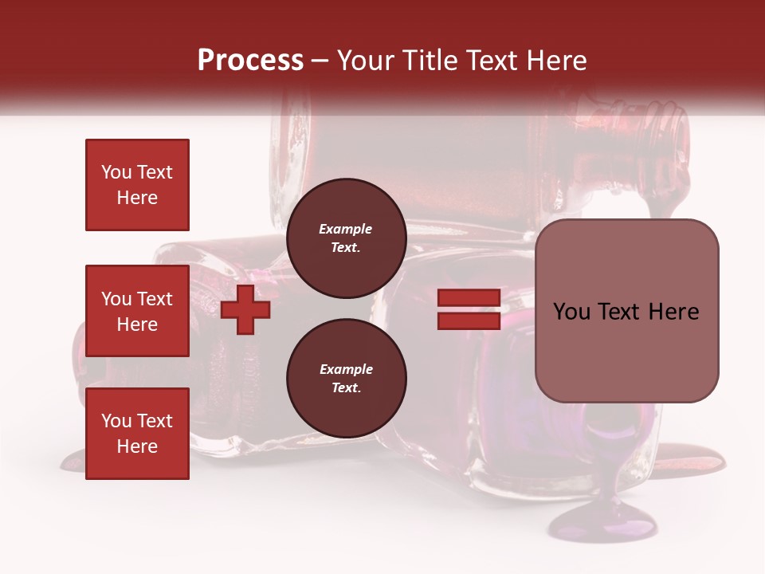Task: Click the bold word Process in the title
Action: (x=250, y=61)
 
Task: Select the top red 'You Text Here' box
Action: (x=137, y=185)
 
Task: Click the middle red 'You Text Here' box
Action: (x=137, y=311)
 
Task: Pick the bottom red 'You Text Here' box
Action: (x=137, y=434)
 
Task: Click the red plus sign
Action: (x=245, y=309)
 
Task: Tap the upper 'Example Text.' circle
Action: (x=346, y=238)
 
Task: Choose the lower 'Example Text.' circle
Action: (x=346, y=379)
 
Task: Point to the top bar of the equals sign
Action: (x=469, y=298)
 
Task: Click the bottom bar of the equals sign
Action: (x=469, y=320)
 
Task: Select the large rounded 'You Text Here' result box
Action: (x=626, y=311)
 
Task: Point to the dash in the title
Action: (x=320, y=61)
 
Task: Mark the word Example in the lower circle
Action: (x=346, y=369)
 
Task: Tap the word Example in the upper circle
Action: (x=346, y=229)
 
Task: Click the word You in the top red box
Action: (x=116, y=172)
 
